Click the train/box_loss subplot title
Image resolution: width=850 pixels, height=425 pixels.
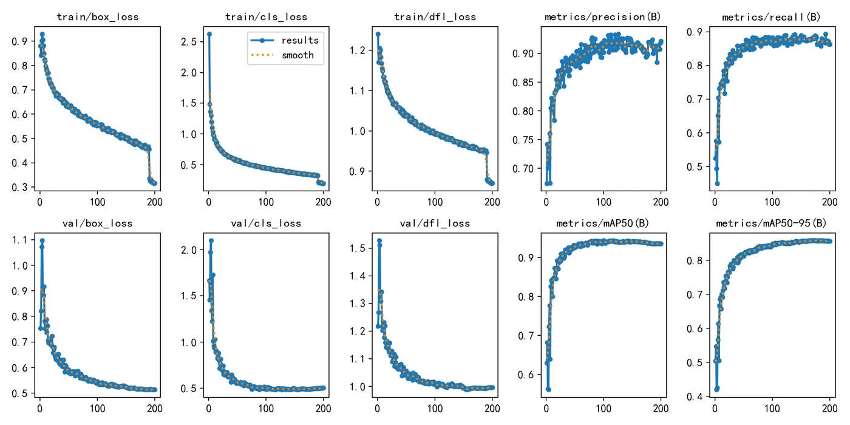[98, 17]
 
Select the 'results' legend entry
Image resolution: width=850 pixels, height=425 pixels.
[300, 40]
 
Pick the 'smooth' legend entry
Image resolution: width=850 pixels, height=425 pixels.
[297, 55]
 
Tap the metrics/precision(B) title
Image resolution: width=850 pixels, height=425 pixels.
[602, 17]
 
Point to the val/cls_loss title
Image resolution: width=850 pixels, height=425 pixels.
[266, 223]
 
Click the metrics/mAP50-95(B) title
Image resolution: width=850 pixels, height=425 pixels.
[771, 223]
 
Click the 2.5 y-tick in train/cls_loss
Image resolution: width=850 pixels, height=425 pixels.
[189, 41]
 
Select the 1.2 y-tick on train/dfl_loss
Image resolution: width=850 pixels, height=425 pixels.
[357, 50]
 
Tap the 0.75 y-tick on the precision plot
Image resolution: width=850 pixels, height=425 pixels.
[523, 140]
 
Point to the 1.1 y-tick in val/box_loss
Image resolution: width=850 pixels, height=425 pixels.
[19, 240]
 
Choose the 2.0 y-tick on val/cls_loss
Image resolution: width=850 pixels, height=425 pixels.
[189, 250]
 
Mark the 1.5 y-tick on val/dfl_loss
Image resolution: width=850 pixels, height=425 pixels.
[357, 248]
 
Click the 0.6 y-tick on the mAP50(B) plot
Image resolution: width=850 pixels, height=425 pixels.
[526, 375]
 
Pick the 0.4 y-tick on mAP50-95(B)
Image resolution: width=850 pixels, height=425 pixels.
[695, 396]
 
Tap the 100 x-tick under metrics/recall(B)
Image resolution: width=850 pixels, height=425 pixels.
[772, 202]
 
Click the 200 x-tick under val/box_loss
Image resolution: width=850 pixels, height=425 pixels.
[155, 409]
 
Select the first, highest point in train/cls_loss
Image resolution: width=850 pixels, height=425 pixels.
[209, 34]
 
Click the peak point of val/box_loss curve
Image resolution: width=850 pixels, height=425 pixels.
[42, 240]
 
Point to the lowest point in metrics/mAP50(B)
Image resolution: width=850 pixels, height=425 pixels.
[548, 390]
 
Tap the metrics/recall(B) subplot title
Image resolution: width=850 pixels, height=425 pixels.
[771, 17]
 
